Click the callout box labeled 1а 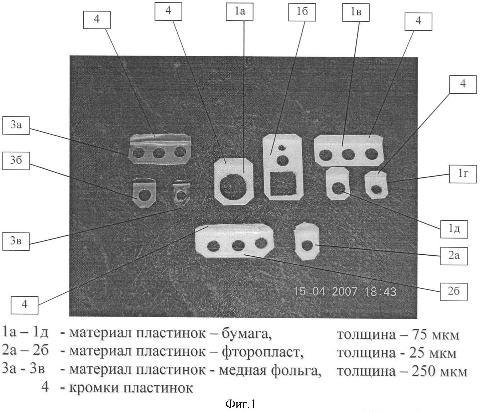239,11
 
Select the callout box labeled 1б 302,11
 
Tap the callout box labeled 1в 356,12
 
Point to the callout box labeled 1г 463,174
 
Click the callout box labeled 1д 454,229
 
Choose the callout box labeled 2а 454,256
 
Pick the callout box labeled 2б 454,292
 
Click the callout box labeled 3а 16,125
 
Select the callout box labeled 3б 16,161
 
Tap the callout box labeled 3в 16,241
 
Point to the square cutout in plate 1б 284,183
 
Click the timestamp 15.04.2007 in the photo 325,291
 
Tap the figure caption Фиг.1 240,404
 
